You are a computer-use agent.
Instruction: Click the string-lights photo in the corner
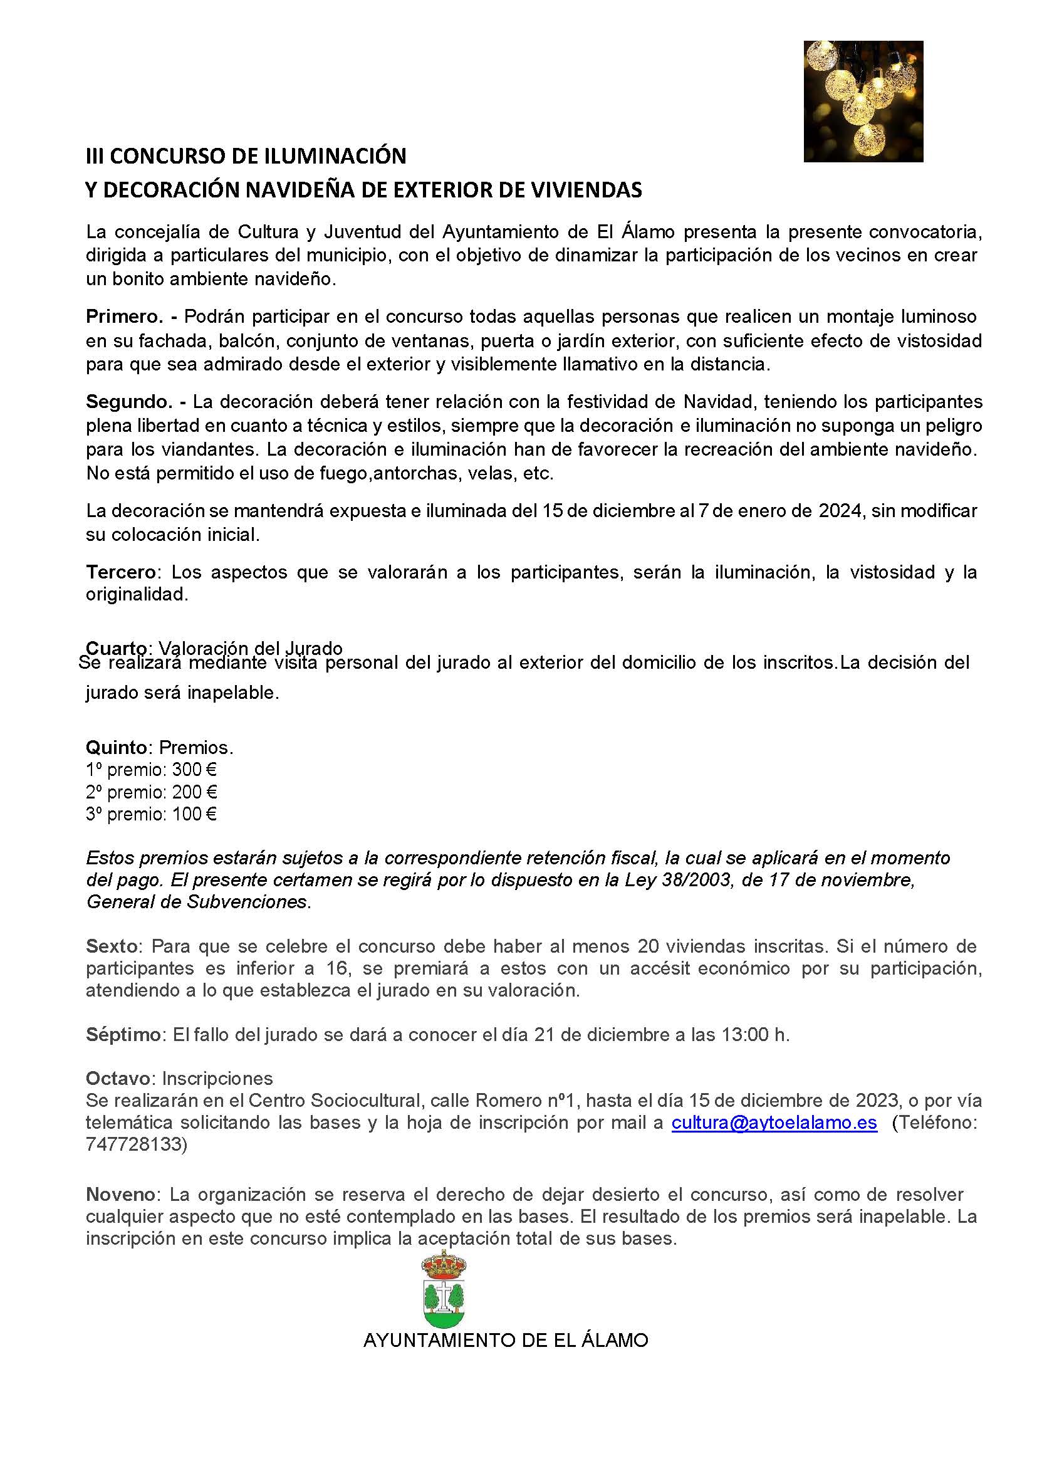pos(863,101)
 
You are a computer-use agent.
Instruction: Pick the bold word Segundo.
pos(126,402)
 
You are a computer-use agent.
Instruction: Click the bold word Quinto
pos(117,747)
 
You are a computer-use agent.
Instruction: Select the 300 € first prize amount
pos(195,770)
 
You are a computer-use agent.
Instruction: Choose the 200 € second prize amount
pos(195,792)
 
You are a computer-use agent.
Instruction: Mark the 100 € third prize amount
pos(195,814)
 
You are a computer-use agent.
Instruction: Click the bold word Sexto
pos(112,946)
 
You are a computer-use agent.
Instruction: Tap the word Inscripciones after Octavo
pos(217,1079)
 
